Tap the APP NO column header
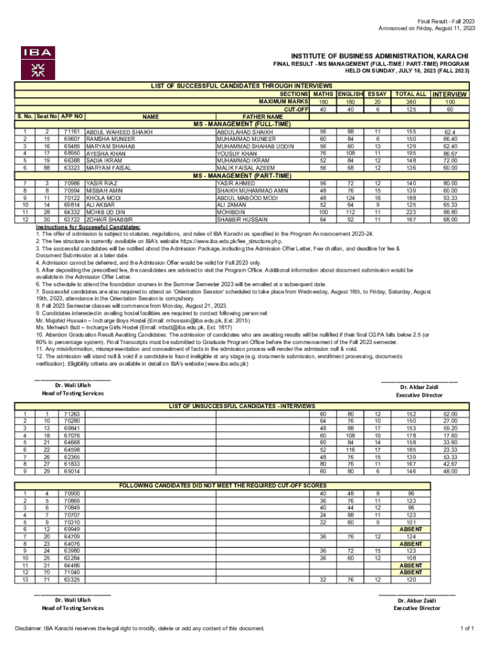click(73, 116)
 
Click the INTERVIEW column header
click(450, 95)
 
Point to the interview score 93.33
click(450, 197)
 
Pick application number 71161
click(72, 131)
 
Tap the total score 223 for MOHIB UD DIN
click(410, 212)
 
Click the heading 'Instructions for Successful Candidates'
click(88, 227)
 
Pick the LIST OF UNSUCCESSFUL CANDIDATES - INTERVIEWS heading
click(241, 405)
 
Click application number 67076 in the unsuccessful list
click(72, 435)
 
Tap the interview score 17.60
click(450, 435)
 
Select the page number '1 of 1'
click(467, 628)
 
